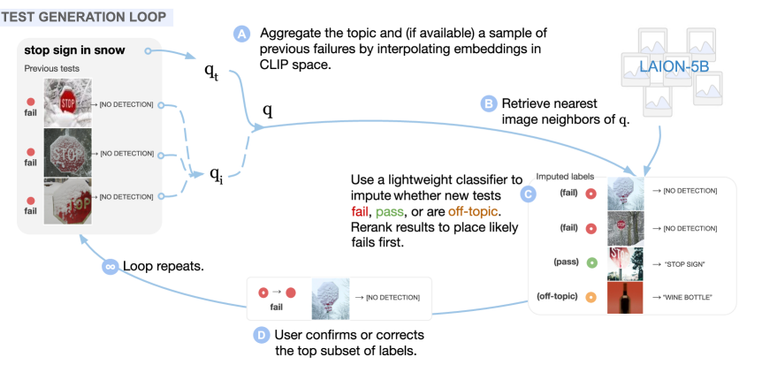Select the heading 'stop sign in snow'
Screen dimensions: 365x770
pos(75,49)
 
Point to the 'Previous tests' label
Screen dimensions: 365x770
pos(51,69)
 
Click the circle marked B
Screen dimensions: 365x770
pos(489,103)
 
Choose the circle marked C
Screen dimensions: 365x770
pos(529,194)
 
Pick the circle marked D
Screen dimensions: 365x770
pos(261,335)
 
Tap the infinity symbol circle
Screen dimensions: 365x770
pos(111,265)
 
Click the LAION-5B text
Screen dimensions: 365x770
pos(673,66)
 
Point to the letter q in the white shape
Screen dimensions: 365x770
pos(216,171)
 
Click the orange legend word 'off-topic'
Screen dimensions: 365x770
pos(473,212)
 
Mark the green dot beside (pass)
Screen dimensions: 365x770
pos(591,262)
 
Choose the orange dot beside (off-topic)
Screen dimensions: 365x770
pos(591,297)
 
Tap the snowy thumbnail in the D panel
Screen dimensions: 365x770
pos(330,298)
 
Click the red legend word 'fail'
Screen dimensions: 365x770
pos(359,212)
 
